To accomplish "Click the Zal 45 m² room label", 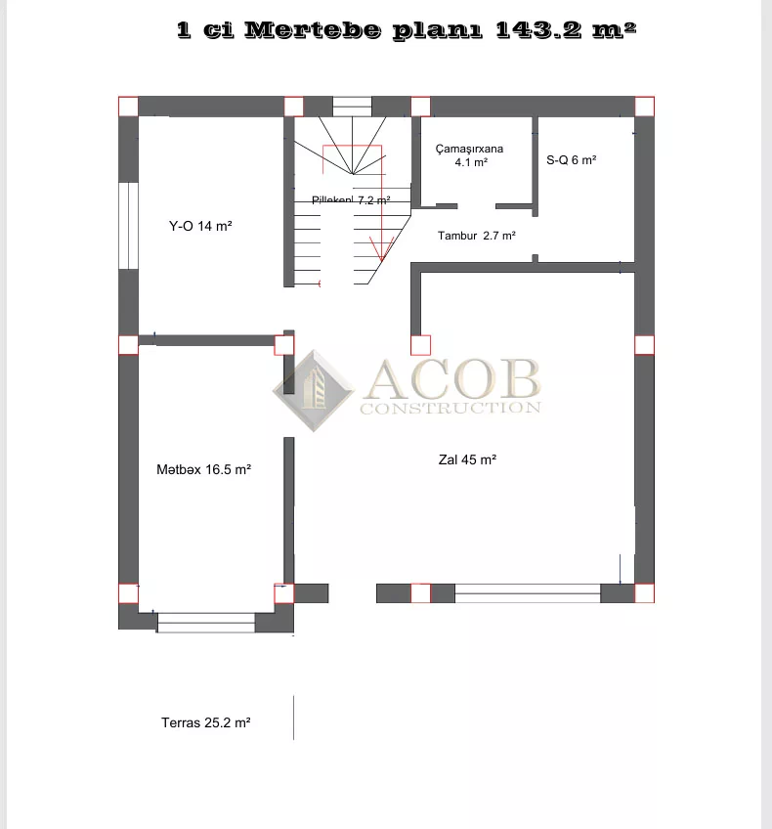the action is point(467,460).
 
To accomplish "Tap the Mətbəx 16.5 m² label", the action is point(203,469).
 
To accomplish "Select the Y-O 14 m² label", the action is point(200,226).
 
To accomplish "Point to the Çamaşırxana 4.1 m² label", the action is point(470,155).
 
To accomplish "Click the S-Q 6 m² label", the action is point(572,160).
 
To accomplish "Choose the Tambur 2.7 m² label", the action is point(476,236).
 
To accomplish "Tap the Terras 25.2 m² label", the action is point(205,722).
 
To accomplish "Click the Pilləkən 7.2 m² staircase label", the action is point(351,200).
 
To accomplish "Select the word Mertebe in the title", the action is point(313,30).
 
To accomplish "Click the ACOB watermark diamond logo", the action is point(314,391).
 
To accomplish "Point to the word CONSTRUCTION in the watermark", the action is point(450,408).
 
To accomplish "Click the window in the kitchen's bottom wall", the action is point(206,623).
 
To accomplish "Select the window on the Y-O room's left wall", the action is point(128,226).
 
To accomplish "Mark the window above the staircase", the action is point(353,107).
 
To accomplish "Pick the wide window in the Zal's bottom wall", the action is point(528,593).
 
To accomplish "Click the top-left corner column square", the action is point(128,107).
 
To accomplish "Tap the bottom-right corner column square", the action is point(644,593).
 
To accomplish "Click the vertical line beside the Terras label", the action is point(294,718).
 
